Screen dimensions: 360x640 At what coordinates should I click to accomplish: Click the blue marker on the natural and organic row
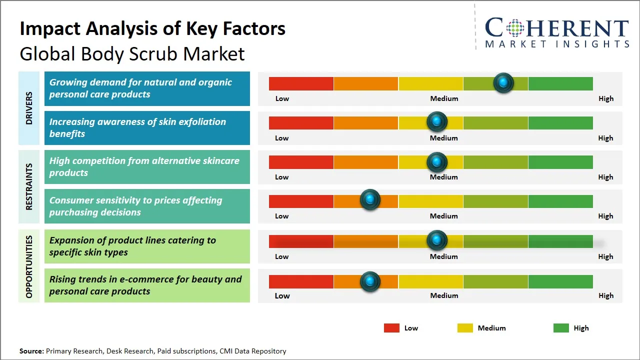point(503,82)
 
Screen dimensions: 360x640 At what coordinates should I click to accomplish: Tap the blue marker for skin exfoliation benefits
point(437,121)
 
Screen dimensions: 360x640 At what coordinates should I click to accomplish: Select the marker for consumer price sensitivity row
point(370,200)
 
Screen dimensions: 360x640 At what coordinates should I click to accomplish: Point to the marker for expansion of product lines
point(437,240)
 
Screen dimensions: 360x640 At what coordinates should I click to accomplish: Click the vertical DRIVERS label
point(29,108)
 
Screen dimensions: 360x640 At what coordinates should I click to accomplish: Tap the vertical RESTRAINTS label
point(29,186)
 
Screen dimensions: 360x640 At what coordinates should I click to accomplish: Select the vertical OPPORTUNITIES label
point(29,266)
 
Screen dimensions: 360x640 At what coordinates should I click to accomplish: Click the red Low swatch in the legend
point(391,328)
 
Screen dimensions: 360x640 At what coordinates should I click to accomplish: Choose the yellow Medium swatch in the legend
point(465,328)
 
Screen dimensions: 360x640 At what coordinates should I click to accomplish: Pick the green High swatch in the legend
point(561,328)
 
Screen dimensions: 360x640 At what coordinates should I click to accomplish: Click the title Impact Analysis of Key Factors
point(152,29)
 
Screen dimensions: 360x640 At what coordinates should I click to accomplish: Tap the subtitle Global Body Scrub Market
point(132,54)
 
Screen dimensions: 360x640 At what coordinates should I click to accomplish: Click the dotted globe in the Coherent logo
point(514,28)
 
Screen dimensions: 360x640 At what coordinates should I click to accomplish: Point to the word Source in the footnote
point(31,351)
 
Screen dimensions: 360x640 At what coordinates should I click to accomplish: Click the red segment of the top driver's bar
point(301,83)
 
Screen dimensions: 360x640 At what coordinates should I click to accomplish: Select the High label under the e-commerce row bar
point(606,295)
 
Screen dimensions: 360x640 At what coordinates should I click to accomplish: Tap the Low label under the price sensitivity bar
point(282,216)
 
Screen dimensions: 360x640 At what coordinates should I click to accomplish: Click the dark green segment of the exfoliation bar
point(560,122)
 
